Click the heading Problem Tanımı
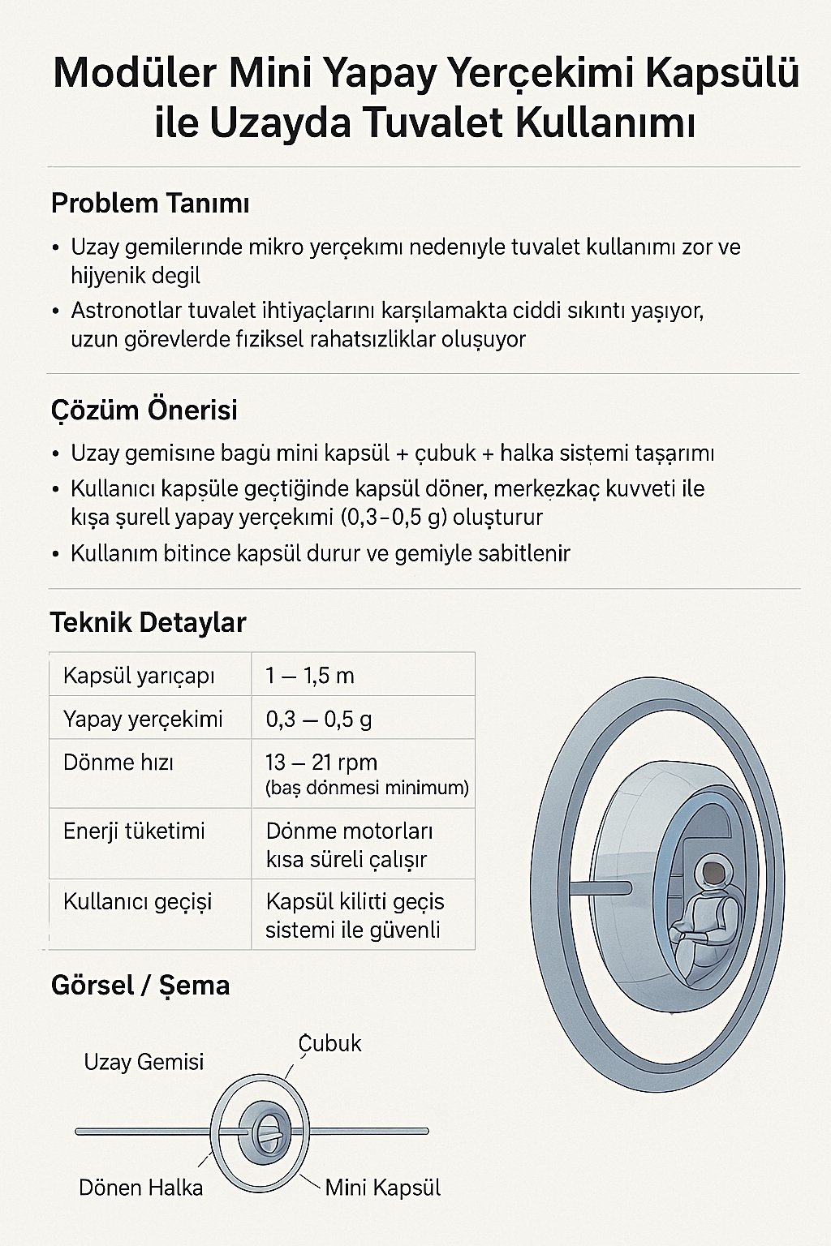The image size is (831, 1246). [x=150, y=203]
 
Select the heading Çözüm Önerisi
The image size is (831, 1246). [x=144, y=410]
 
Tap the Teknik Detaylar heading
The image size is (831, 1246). [x=148, y=622]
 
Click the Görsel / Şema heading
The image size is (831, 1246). [x=140, y=985]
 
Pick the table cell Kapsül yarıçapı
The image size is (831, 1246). [x=139, y=676]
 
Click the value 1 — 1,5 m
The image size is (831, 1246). [x=310, y=676]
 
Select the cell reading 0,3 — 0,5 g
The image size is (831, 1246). [x=319, y=720]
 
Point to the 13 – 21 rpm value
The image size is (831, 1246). [x=321, y=763]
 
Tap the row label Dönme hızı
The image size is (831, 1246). [x=118, y=763]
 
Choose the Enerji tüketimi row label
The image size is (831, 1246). [x=134, y=831]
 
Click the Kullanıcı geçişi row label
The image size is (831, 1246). [x=137, y=901]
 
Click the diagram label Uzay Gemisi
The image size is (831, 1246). [x=144, y=1062]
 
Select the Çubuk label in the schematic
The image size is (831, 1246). [x=329, y=1043]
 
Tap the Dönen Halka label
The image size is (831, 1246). [x=140, y=1188]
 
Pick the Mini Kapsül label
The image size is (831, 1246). [x=382, y=1188]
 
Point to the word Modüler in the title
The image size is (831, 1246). [x=134, y=73]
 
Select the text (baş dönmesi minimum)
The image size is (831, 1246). [x=367, y=788]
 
